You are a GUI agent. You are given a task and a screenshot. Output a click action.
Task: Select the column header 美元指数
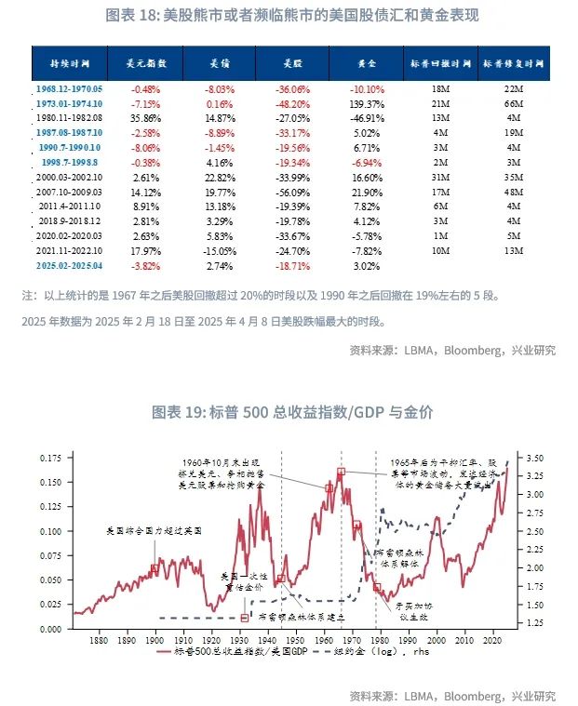(x=146, y=65)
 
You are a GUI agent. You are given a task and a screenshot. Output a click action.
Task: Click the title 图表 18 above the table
(x=289, y=16)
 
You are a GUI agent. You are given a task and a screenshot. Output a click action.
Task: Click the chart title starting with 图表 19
(x=289, y=411)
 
